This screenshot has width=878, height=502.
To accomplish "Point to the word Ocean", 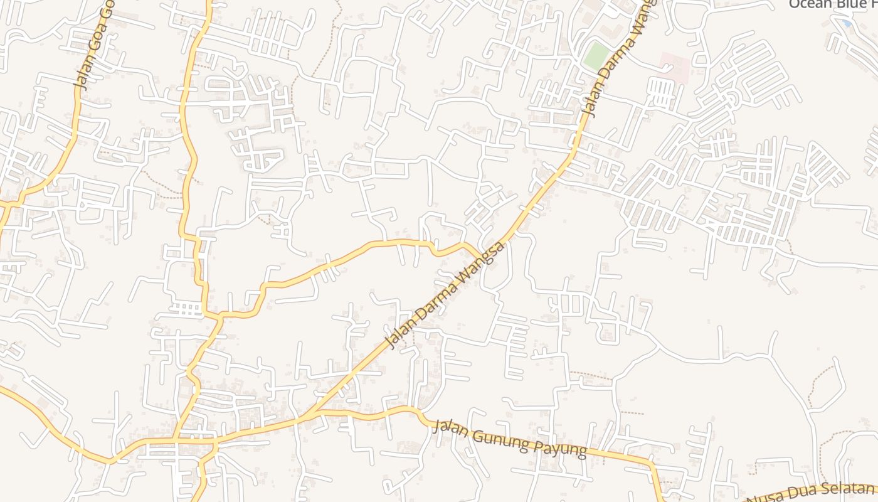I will pyautogui.click(x=808, y=4).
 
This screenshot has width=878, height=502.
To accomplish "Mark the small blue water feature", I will pyautogui.click(x=847, y=23).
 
